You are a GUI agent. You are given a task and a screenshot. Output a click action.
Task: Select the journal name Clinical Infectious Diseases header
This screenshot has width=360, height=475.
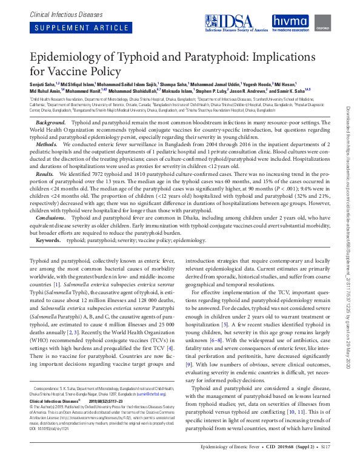tap(63, 13)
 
